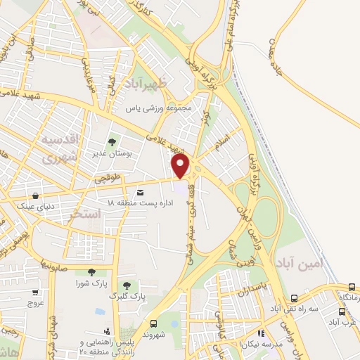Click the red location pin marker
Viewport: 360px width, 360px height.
[181, 166]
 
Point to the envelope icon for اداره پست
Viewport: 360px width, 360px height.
[141, 192]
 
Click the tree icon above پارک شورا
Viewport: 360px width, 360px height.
[91, 272]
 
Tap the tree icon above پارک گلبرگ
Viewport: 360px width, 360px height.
[126, 285]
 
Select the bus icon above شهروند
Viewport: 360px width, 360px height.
[153, 323]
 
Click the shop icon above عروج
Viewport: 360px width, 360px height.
[34, 292]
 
